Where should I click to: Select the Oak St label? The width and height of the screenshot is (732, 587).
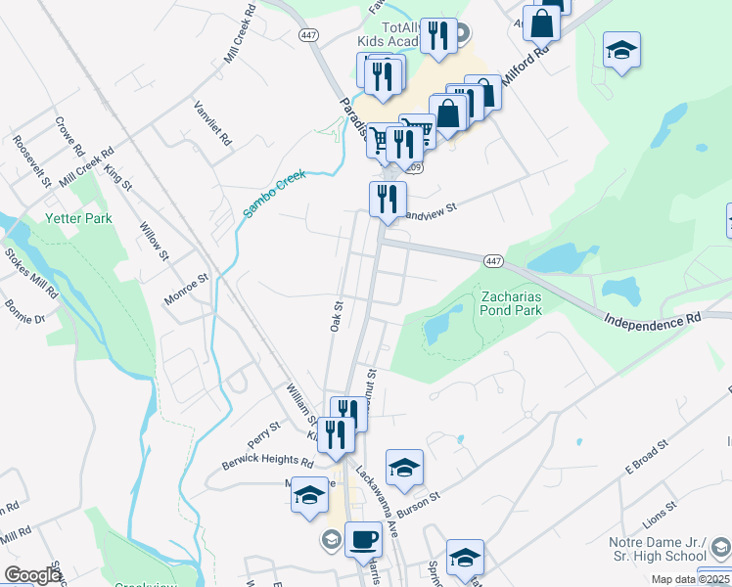point(336,315)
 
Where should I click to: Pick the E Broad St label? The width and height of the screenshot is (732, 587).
point(646,457)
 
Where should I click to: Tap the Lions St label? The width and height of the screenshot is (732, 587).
point(660,511)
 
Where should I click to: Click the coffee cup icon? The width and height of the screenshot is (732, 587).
point(363,539)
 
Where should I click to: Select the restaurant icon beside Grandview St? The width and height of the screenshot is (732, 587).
point(388,199)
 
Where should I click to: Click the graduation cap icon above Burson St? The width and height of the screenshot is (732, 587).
point(404,469)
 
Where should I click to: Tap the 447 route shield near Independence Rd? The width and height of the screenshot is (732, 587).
point(492,259)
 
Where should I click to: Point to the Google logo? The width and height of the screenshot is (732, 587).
point(31,575)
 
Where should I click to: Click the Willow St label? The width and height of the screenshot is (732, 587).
point(155,241)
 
